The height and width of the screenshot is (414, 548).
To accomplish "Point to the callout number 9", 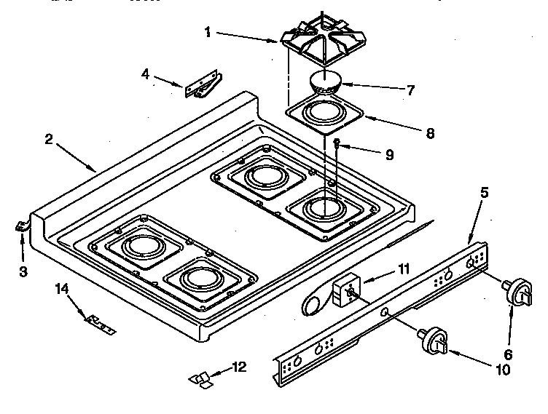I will [388, 154].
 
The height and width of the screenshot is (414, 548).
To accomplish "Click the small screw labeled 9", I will [338, 144].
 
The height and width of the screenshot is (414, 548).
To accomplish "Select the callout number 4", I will [146, 73].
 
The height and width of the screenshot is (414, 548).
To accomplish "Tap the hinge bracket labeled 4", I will [202, 85].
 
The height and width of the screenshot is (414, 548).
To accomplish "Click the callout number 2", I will [49, 140].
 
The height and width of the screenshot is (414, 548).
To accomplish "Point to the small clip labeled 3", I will [21, 228].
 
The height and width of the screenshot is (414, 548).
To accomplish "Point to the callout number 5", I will [485, 194].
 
